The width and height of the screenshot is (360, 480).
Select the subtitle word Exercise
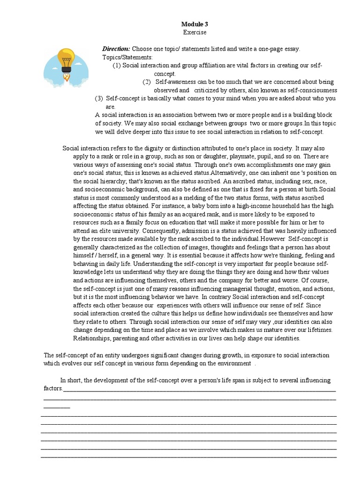click(194, 32)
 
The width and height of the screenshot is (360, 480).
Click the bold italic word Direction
click(116, 49)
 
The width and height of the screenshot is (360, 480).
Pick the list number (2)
click(147, 82)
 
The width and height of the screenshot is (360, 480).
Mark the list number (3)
click(99, 98)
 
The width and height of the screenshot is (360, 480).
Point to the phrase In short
click(71, 380)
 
